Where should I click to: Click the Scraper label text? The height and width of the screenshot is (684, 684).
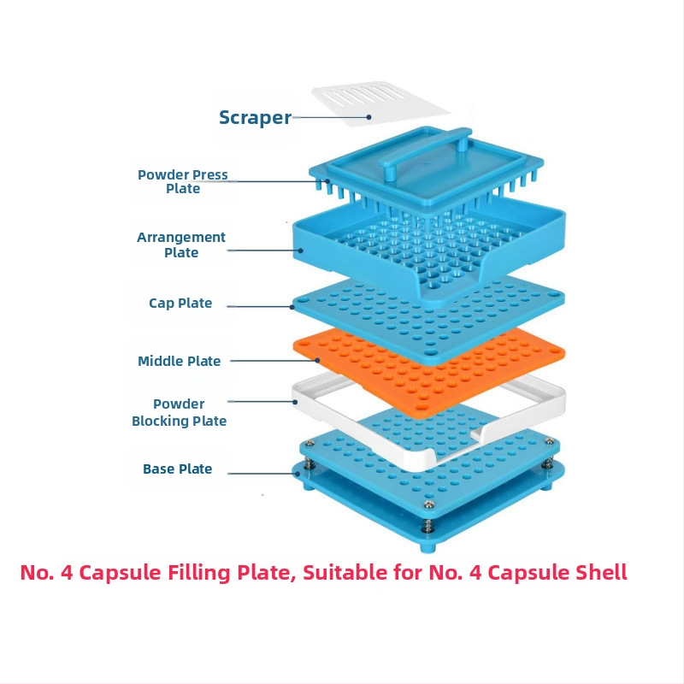(255, 118)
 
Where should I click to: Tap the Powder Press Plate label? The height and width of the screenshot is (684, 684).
(183, 181)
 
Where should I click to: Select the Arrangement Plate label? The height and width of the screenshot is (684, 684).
(181, 245)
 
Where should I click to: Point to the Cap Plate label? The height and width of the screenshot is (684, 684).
(180, 304)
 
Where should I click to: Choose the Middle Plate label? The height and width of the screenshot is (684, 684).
(180, 362)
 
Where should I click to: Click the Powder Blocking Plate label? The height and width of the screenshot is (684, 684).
(180, 412)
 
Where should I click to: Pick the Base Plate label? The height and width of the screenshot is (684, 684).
(178, 469)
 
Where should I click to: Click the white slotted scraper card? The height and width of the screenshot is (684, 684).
(380, 101)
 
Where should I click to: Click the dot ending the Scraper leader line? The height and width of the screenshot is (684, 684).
(369, 117)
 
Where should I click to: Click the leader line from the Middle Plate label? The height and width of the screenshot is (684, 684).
(261, 361)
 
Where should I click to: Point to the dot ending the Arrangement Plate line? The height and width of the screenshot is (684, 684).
(300, 251)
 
